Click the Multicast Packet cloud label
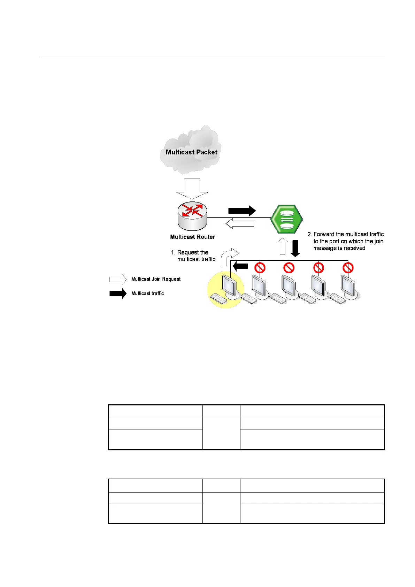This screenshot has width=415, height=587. pyautogui.click(x=191, y=152)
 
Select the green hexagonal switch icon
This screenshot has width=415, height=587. pyautogui.click(x=286, y=219)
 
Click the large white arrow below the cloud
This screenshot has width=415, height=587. pyautogui.click(x=192, y=189)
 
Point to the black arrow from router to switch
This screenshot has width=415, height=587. pyautogui.click(x=242, y=211)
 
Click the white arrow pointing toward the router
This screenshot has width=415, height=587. pyautogui.click(x=240, y=223)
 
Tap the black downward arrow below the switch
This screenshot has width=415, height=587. pyautogui.click(x=295, y=248)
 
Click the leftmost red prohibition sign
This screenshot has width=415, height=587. pyautogui.click(x=260, y=268)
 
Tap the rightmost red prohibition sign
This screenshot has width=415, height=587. pyautogui.click(x=348, y=268)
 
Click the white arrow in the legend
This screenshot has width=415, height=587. pyautogui.click(x=118, y=279)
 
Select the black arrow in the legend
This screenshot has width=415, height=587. pyautogui.click(x=118, y=293)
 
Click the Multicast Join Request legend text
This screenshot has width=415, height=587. pyautogui.click(x=156, y=279)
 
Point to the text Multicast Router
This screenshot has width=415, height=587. pyautogui.click(x=192, y=237)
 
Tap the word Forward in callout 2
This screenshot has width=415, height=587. pyautogui.click(x=324, y=234)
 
